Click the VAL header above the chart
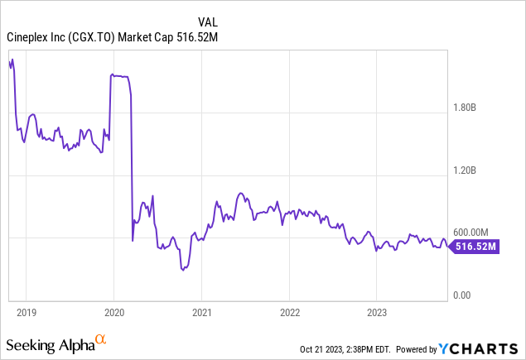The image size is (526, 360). [208, 20]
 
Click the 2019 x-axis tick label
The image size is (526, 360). [27, 313]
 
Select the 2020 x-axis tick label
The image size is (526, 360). [113, 313]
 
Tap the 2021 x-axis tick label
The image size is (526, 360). [201, 313]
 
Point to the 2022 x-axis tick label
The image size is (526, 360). [288, 313]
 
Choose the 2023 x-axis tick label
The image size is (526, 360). [376, 313]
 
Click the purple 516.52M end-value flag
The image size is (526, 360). [479, 246]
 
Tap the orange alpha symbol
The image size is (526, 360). [101, 339]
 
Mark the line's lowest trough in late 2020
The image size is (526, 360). [181, 269]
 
